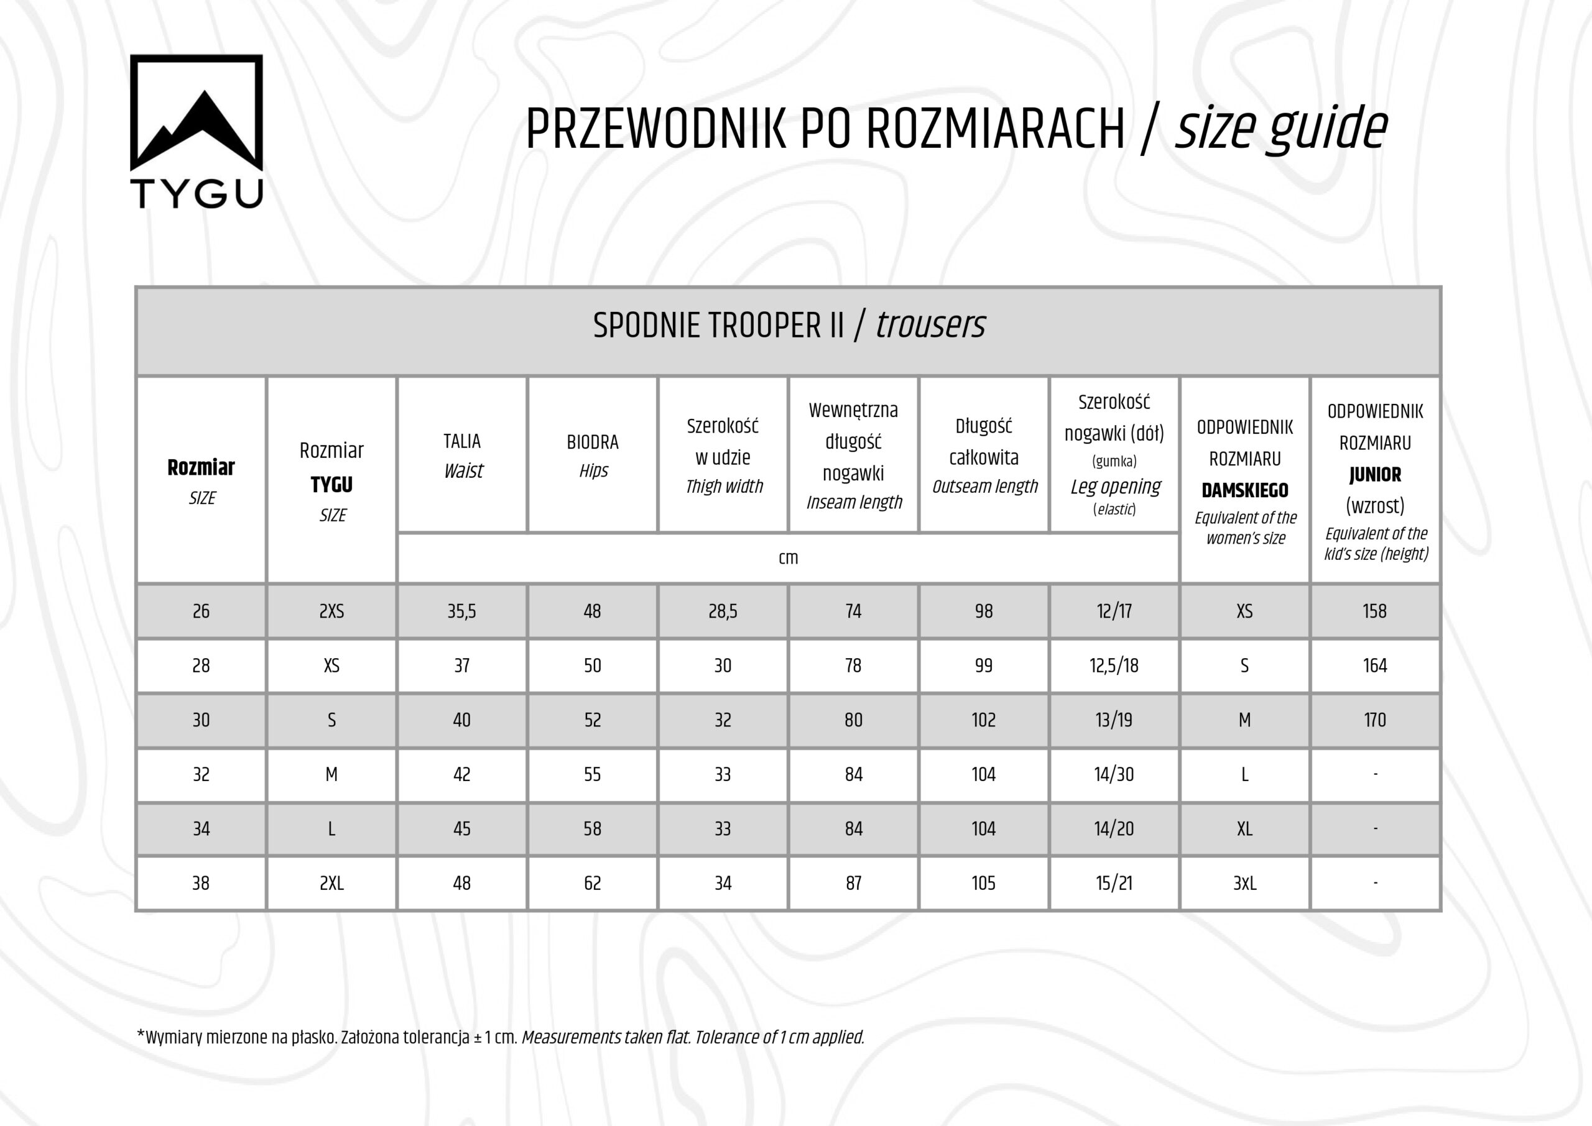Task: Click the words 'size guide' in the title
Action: [1280, 129]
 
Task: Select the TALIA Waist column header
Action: [462, 455]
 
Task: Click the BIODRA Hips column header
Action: [593, 455]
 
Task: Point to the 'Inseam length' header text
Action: [854, 502]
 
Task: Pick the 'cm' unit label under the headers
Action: [788, 558]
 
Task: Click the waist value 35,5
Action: [462, 611]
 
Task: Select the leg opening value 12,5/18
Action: [1114, 666]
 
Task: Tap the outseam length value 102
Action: [984, 720]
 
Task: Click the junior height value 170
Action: [1375, 720]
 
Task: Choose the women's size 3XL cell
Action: [1244, 883]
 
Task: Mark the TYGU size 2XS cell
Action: [331, 611]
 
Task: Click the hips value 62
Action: [593, 883]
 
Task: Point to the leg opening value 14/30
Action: [1114, 774]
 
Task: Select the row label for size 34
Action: [201, 828]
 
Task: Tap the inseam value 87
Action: [853, 883]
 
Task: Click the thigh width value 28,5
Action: [723, 611]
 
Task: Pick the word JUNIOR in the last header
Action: [1375, 475]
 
